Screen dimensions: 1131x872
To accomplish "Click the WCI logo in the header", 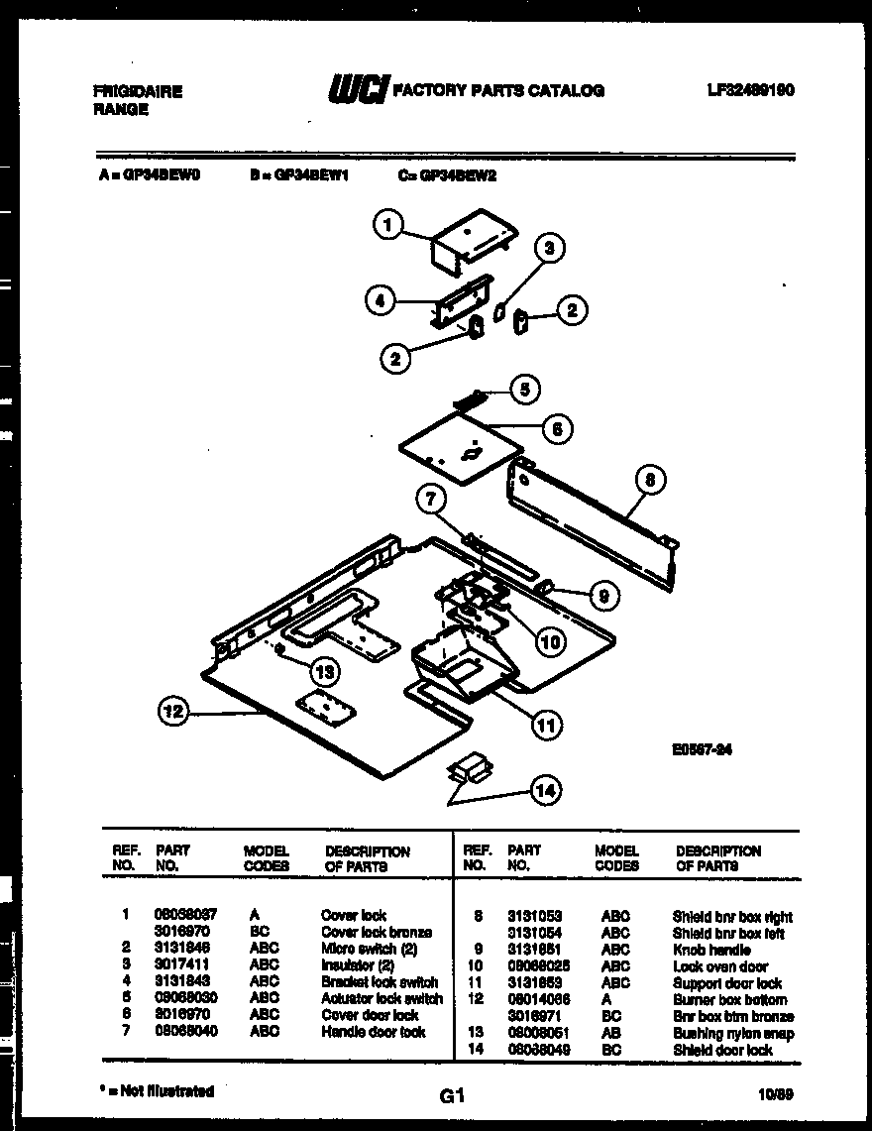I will pyautogui.click(x=358, y=89).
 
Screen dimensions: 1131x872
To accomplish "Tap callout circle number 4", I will pyautogui.click(x=380, y=300).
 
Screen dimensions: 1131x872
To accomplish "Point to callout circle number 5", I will pyautogui.click(x=525, y=389).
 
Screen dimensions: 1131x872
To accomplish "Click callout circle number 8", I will pyautogui.click(x=649, y=482).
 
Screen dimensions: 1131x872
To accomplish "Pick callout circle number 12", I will pyautogui.click(x=173, y=710).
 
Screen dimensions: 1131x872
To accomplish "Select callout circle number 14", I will pyautogui.click(x=544, y=790).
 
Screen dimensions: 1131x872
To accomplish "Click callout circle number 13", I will pyautogui.click(x=324, y=671).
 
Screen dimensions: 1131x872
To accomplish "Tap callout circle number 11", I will pyautogui.click(x=544, y=725).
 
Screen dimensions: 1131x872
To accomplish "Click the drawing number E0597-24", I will pyautogui.click(x=702, y=750).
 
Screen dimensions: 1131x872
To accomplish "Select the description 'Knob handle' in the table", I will pyautogui.click(x=711, y=950).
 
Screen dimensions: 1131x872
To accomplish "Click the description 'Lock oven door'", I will pyautogui.click(x=719, y=966).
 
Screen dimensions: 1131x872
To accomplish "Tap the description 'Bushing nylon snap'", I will pyautogui.click(x=733, y=1033).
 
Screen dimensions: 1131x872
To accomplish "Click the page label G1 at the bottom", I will pyautogui.click(x=451, y=1095).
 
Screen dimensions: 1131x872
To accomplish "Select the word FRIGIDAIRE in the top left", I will pyautogui.click(x=138, y=91).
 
